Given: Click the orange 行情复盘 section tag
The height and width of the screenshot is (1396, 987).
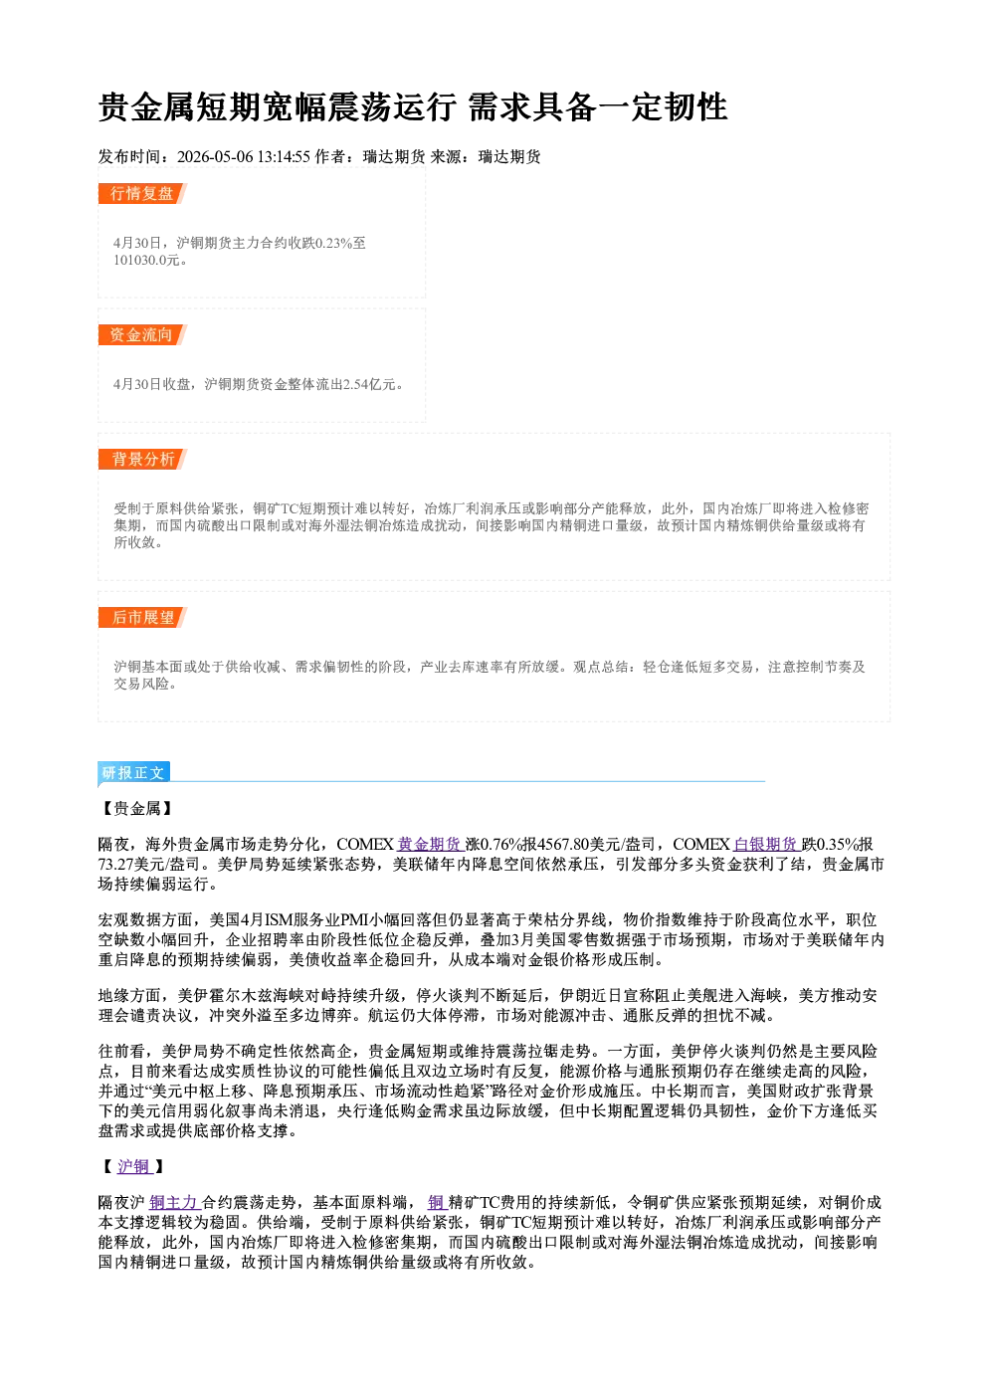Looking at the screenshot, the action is click(142, 193).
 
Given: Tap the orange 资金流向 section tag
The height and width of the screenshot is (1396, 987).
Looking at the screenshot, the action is click(142, 334).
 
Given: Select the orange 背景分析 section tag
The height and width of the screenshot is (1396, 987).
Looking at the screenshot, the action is click(142, 460).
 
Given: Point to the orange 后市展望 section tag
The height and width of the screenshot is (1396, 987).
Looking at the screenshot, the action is click(142, 618).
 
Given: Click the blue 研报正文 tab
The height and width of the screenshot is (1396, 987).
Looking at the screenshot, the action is click(133, 773).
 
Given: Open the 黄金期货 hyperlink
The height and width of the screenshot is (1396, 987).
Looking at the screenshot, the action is click(429, 845).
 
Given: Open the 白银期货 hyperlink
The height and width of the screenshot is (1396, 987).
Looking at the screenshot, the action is click(765, 845).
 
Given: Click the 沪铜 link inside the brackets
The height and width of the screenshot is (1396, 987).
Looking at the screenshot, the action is click(133, 1167).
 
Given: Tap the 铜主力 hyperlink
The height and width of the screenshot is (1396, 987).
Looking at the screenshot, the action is click(173, 1203).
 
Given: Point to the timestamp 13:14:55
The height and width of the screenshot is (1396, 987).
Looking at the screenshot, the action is click(284, 157).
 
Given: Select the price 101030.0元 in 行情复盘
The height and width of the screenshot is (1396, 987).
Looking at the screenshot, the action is click(146, 261).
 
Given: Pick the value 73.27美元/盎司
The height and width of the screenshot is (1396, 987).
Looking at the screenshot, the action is click(148, 865).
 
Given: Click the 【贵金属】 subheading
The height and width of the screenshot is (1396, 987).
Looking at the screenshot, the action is click(136, 809).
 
